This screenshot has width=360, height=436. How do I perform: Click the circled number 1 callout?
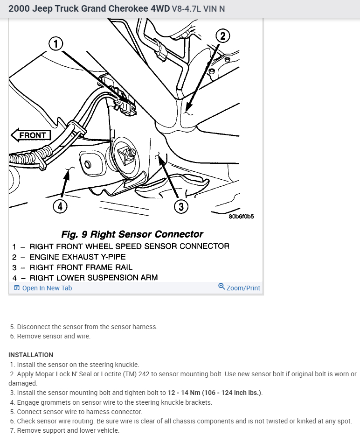(x=56, y=44)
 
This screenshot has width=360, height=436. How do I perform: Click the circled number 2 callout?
(x=223, y=36)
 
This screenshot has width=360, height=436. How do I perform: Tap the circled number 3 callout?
(x=181, y=206)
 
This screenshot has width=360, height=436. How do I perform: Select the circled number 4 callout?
(x=60, y=205)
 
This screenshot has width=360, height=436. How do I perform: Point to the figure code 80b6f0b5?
(x=241, y=217)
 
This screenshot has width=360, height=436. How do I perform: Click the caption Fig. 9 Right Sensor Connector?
(x=132, y=234)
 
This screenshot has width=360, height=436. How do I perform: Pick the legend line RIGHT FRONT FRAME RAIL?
(x=81, y=267)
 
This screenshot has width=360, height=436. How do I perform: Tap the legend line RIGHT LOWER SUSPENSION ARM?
(x=93, y=278)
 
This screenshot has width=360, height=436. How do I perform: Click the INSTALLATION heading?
(x=31, y=355)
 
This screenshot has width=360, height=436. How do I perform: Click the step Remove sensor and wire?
(x=53, y=336)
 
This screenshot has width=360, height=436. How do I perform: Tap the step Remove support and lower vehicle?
(x=68, y=430)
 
